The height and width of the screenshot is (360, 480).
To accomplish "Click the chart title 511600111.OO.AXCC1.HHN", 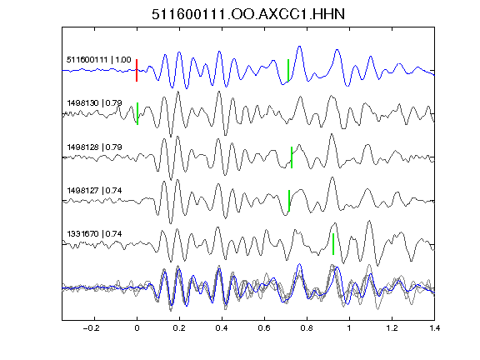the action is click(x=248, y=14).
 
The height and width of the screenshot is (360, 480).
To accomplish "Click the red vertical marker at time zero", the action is click(x=137, y=70).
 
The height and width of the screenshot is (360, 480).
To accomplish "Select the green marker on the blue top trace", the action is click(x=288, y=70).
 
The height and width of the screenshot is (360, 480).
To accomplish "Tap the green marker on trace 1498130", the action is click(x=137, y=113).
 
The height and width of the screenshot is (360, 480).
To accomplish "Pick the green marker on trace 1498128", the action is click(x=292, y=157).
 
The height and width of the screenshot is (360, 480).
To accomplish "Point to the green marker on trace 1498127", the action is click(x=289, y=201).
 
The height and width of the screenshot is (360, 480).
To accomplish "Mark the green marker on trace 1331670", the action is click(x=333, y=244).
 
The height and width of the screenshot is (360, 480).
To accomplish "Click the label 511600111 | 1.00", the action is click(x=99, y=59).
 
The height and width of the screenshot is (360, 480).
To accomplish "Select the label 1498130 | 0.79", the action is click(x=95, y=102).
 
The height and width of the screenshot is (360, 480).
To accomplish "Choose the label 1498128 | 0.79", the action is click(x=95, y=147).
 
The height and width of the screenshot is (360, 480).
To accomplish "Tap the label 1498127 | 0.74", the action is click(x=95, y=190).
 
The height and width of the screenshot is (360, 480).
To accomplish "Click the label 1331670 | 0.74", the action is click(x=95, y=234).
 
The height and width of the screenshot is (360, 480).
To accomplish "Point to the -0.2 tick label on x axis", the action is click(x=91, y=328).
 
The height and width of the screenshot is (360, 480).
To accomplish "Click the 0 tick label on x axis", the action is click(x=137, y=328).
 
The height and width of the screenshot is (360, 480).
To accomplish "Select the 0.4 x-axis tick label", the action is click(x=222, y=328).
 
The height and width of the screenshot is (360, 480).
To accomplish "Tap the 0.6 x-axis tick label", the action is click(x=264, y=328).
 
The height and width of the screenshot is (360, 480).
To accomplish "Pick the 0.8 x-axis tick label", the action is click(x=307, y=328).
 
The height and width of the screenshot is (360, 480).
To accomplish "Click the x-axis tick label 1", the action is click(x=349, y=328).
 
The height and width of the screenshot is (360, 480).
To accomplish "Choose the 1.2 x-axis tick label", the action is click(x=392, y=328).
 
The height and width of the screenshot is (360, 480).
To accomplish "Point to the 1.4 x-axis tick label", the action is click(x=434, y=328).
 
